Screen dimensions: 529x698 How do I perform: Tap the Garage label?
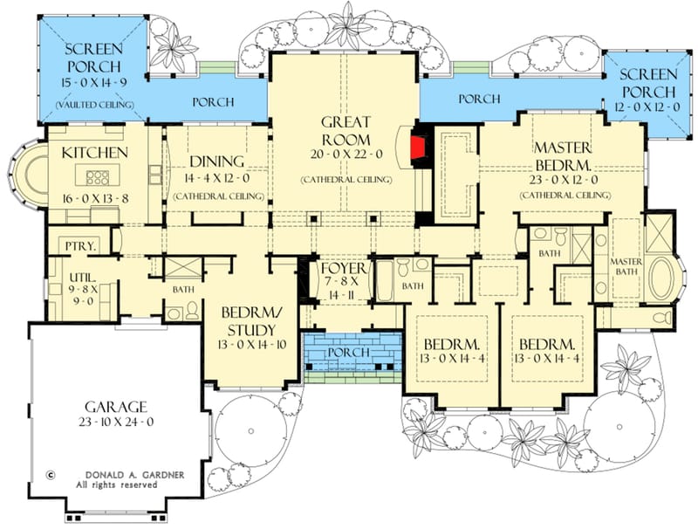[x=115, y=408]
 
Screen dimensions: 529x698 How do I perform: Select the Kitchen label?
[x=95, y=153]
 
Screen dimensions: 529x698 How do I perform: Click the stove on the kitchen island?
[x=97, y=178]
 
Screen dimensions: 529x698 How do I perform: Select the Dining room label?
[x=214, y=161]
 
